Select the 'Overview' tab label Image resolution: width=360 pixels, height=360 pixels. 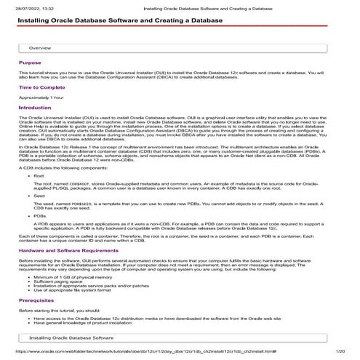click(x=39, y=47)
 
